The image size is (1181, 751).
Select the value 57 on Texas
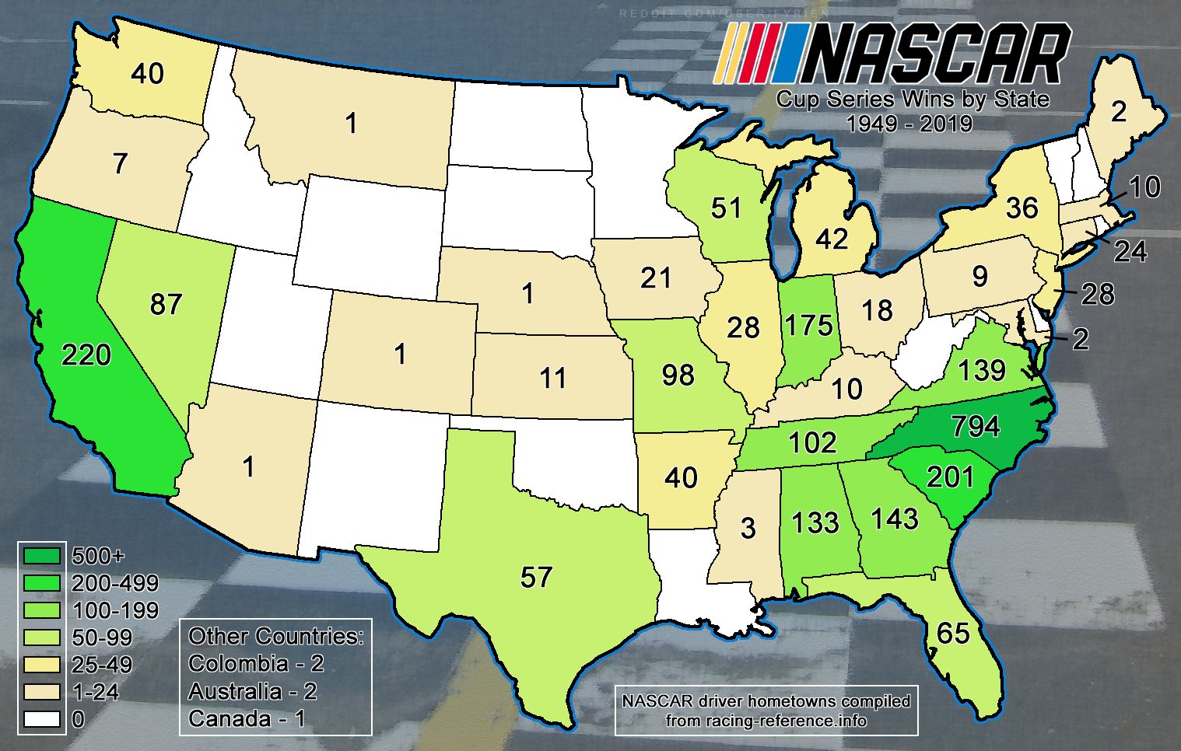(x=536, y=577)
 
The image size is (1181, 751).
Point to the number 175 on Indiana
(x=810, y=324)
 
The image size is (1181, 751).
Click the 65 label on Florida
(x=953, y=634)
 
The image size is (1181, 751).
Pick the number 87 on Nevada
(x=166, y=304)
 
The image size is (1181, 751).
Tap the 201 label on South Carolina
(x=951, y=477)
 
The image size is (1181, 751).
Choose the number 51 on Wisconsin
(x=727, y=209)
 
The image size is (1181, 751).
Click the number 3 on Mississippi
(x=748, y=528)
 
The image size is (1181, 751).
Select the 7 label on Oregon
(x=120, y=164)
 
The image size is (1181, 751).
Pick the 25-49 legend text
(x=101, y=665)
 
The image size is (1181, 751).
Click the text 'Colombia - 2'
(x=256, y=664)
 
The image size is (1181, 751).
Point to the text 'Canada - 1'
(x=247, y=718)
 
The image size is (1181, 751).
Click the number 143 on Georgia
(x=895, y=519)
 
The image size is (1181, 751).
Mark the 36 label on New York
(x=1022, y=208)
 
